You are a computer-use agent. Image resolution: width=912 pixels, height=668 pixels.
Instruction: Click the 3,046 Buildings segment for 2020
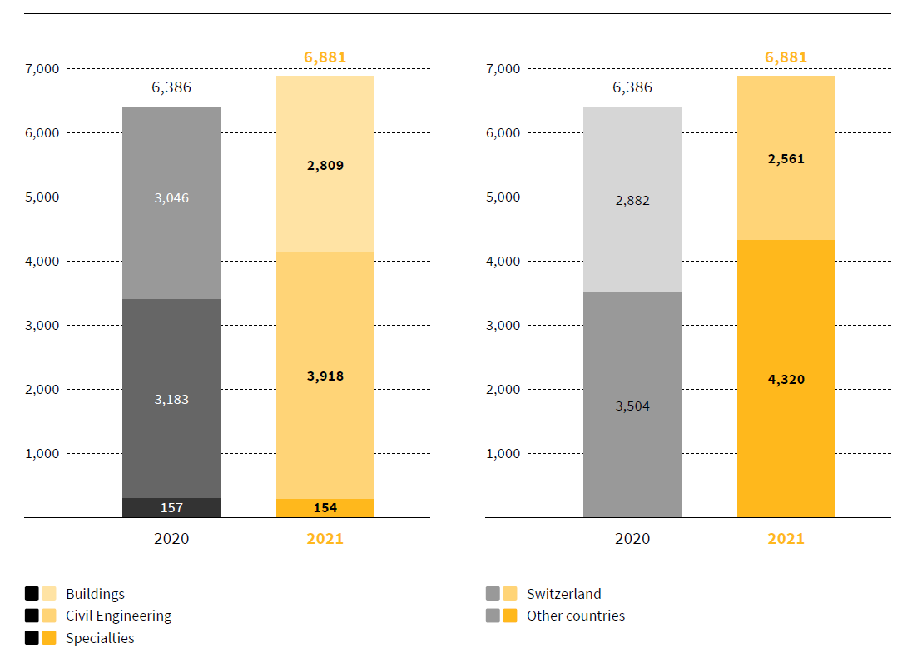171,202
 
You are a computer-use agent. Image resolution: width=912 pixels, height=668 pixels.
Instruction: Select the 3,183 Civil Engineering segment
171,398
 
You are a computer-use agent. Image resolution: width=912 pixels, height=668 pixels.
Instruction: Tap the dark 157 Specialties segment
171,507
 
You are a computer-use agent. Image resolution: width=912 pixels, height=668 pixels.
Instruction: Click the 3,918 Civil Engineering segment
325,376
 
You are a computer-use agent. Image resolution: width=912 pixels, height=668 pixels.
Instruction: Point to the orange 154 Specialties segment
325,508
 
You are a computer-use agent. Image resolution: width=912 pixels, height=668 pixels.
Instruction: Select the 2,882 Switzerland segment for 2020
632,200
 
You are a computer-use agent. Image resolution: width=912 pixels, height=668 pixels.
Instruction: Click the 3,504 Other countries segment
632,406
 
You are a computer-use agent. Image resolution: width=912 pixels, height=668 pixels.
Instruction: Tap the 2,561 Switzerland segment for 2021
786,158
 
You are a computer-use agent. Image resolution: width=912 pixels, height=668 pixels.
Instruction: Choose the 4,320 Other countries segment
786,379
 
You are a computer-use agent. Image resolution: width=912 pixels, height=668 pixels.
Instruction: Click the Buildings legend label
95,594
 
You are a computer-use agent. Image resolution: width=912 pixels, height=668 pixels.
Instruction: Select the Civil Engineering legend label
118,616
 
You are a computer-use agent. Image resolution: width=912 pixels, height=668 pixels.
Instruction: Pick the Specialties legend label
100,638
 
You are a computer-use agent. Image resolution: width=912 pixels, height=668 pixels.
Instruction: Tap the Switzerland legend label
563,594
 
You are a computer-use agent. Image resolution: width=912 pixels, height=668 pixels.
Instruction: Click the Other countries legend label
576,616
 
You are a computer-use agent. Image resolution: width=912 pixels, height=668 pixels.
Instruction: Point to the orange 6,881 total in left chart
325,57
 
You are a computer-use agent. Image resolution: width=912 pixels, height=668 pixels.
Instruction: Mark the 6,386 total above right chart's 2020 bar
632,87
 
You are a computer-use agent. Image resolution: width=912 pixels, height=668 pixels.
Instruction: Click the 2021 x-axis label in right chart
786,538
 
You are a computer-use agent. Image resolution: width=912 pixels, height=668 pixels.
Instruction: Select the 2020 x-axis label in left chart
171,538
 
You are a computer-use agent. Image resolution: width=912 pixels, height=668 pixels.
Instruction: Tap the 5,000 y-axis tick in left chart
42,197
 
